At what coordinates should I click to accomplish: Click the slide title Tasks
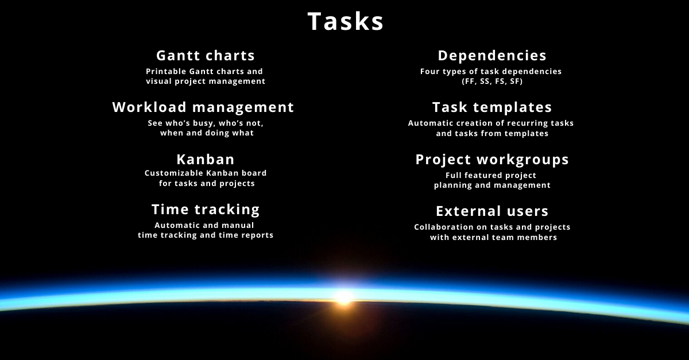click(x=346, y=21)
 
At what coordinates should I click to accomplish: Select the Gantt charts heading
click(x=206, y=56)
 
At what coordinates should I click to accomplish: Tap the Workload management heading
click(x=203, y=107)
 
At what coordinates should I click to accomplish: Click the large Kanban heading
click(x=206, y=160)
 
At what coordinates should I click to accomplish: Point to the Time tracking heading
click(x=206, y=210)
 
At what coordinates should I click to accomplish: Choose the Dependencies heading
click(x=492, y=56)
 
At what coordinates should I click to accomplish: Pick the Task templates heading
click(x=492, y=107)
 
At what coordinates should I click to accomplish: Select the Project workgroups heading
click(x=492, y=160)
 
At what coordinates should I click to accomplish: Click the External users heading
click(x=492, y=211)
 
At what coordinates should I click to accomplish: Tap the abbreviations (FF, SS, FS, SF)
click(x=492, y=81)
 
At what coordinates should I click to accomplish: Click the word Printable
click(x=166, y=71)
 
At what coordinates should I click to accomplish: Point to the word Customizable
click(x=174, y=173)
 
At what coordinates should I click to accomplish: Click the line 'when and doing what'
click(x=207, y=133)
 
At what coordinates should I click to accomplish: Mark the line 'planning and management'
click(x=492, y=185)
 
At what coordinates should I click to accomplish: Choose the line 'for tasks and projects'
click(x=207, y=183)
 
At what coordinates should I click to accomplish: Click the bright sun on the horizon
click(x=344, y=297)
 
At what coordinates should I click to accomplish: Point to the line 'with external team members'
click(x=493, y=237)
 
